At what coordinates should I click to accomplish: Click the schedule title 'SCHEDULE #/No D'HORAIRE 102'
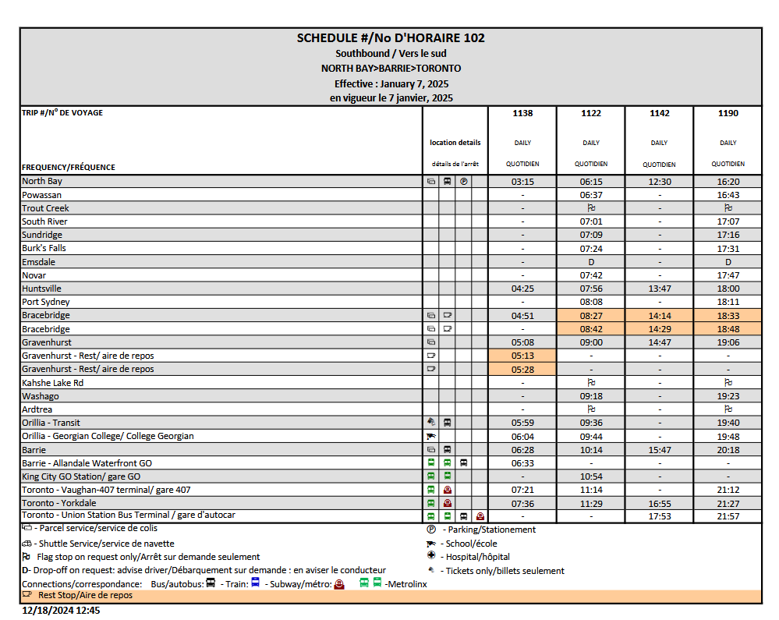click(x=391, y=38)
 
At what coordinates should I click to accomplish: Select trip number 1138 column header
click(x=522, y=113)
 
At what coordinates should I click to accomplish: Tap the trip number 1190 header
click(x=728, y=113)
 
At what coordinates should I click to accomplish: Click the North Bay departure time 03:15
click(x=522, y=182)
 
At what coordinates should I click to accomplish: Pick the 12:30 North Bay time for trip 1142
click(x=659, y=182)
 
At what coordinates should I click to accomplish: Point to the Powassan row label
click(x=42, y=195)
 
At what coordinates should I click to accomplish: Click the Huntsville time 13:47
click(x=659, y=289)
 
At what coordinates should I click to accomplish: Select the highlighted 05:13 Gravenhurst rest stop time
click(x=522, y=356)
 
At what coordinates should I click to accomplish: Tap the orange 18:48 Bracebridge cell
click(x=728, y=329)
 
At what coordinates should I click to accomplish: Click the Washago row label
click(x=41, y=396)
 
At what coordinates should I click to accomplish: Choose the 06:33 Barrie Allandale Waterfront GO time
click(x=522, y=463)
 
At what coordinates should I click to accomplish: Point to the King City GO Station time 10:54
click(x=591, y=477)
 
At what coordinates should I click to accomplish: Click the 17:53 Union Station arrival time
click(x=659, y=516)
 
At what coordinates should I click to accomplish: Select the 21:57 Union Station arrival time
click(x=728, y=516)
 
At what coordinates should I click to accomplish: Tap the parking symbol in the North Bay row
click(x=463, y=182)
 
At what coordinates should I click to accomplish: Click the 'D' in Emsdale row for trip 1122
click(x=591, y=262)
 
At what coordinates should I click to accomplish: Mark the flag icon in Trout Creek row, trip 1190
click(x=728, y=208)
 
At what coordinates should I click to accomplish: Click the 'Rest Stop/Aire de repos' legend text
click(x=85, y=595)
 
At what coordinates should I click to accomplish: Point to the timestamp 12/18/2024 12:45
click(x=61, y=611)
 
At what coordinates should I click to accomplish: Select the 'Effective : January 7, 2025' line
click(x=391, y=83)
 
